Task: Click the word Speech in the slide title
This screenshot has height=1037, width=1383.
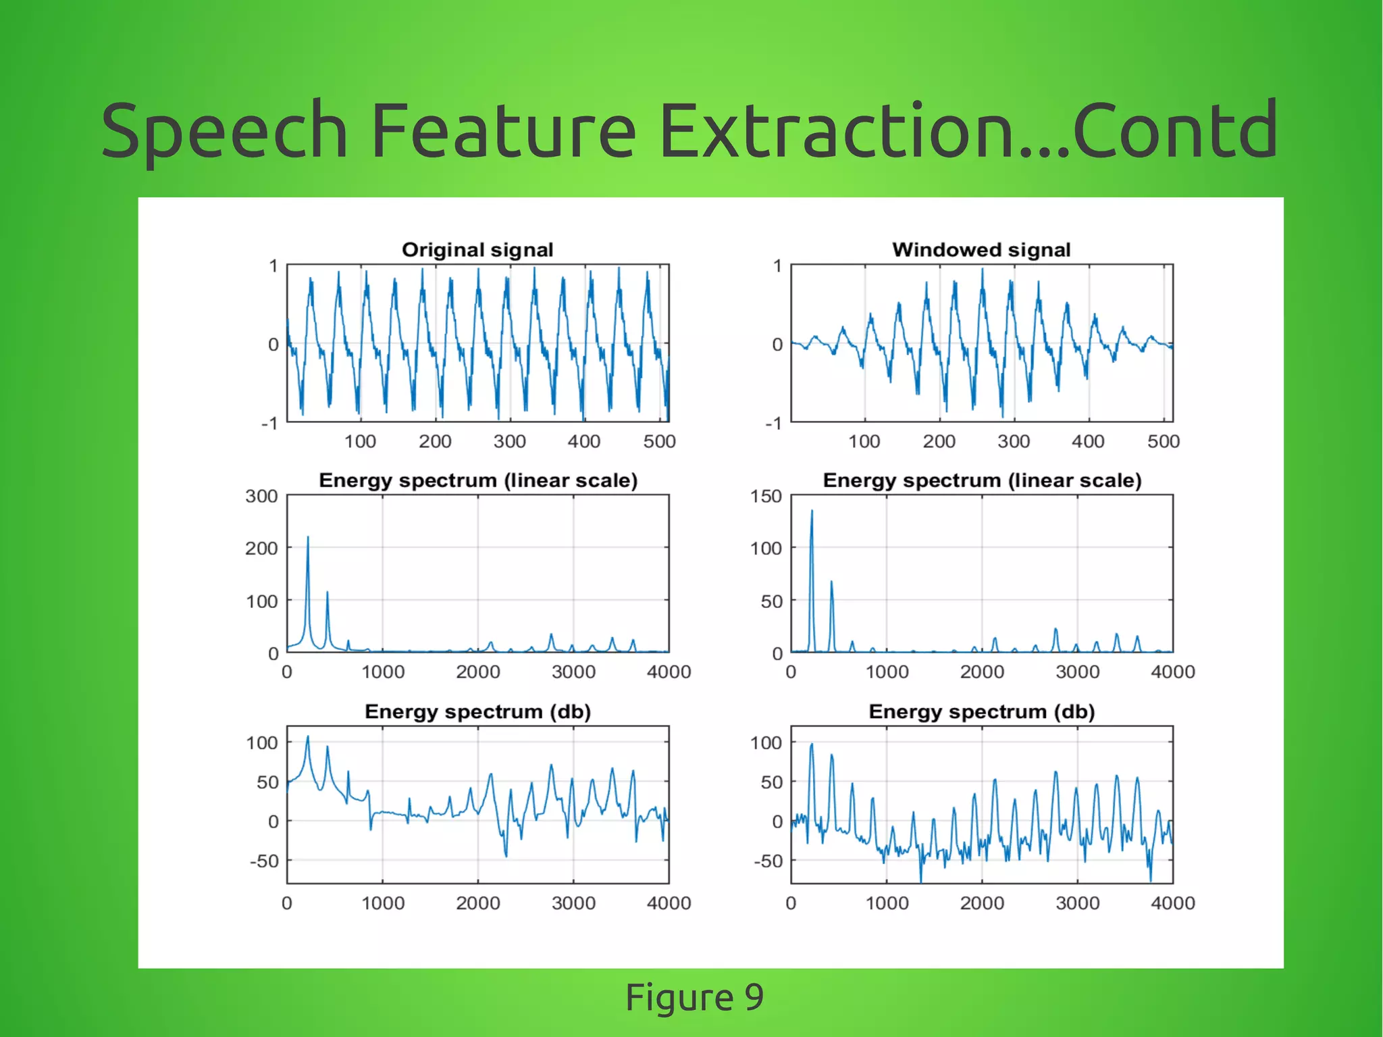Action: pos(224,130)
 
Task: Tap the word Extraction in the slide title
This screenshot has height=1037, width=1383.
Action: pos(836,130)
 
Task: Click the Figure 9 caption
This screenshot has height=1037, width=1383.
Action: pos(694,997)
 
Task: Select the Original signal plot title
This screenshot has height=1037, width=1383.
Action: pos(477,250)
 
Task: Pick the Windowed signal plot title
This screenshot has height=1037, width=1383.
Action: pos(981,250)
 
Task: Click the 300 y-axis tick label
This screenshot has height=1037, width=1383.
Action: pos(261,497)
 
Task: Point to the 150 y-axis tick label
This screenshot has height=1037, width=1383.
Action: pos(766,497)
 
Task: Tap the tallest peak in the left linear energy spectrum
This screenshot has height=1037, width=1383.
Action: pos(308,538)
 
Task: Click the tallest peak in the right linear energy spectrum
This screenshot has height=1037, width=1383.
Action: pos(812,511)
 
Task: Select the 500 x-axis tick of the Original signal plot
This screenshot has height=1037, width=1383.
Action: pos(659,442)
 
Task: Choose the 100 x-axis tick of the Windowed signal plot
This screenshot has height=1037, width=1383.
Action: pos(864,442)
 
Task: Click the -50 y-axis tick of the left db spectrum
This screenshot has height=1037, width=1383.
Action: pos(264,861)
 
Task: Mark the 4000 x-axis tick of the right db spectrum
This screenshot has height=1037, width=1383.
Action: pos(1173,903)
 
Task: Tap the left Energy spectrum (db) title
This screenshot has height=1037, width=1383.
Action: pos(477,712)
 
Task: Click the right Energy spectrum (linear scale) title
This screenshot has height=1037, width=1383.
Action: pos(982,481)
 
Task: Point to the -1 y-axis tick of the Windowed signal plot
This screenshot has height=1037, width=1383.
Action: pos(773,424)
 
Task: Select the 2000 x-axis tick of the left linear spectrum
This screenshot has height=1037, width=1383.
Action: pos(477,672)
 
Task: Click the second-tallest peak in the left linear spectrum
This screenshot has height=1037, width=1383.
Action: pos(328,593)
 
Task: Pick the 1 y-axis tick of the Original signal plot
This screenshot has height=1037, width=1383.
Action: pos(273,266)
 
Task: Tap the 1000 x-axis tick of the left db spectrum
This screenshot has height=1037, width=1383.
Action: pos(383,903)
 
